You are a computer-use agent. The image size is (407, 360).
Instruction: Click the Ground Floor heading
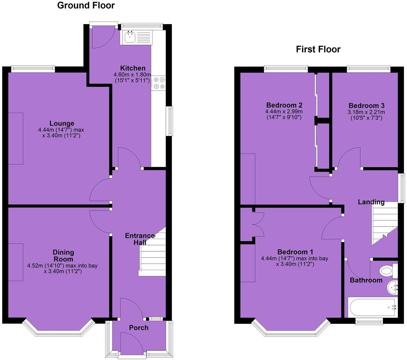(x=86, y=6)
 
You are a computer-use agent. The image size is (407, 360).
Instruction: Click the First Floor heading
(x=318, y=49)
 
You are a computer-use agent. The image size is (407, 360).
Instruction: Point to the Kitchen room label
(x=133, y=68)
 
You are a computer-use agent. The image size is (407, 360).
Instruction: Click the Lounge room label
(x=62, y=123)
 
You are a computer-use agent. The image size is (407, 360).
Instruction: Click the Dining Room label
(x=63, y=255)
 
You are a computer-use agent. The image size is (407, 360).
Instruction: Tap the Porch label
(x=139, y=328)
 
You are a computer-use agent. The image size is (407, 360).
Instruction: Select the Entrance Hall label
(x=139, y=239)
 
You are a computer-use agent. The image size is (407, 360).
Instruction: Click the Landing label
(x=371, y=202)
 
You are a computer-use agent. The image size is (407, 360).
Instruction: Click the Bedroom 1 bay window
(x=291, y=331)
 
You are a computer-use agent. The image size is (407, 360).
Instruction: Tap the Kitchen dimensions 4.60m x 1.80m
(x=132, y=77)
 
